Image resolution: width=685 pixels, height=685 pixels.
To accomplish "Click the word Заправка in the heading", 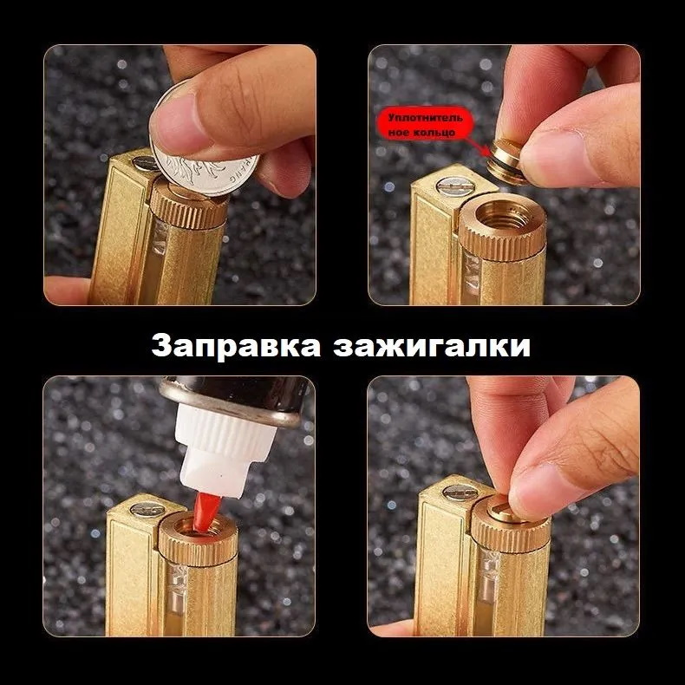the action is (236, 347).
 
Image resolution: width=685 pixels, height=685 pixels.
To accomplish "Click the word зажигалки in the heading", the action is (432, 347).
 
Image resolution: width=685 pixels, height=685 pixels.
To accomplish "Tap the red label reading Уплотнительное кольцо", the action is (425, 124).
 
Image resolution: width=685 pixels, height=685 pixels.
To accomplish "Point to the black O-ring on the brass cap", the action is (502, 168).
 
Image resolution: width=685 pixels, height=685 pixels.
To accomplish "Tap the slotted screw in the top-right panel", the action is (455, 186).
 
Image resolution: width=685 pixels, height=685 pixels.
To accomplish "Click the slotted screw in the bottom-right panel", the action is (460, 493).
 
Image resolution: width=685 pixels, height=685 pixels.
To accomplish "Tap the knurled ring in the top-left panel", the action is (189, 206).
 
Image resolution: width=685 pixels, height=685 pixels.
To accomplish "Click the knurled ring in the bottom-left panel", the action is (198, 542).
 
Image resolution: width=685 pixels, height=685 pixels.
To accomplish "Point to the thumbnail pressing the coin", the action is (176, 123).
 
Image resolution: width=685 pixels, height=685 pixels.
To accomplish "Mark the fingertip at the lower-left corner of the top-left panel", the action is (66, 290).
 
